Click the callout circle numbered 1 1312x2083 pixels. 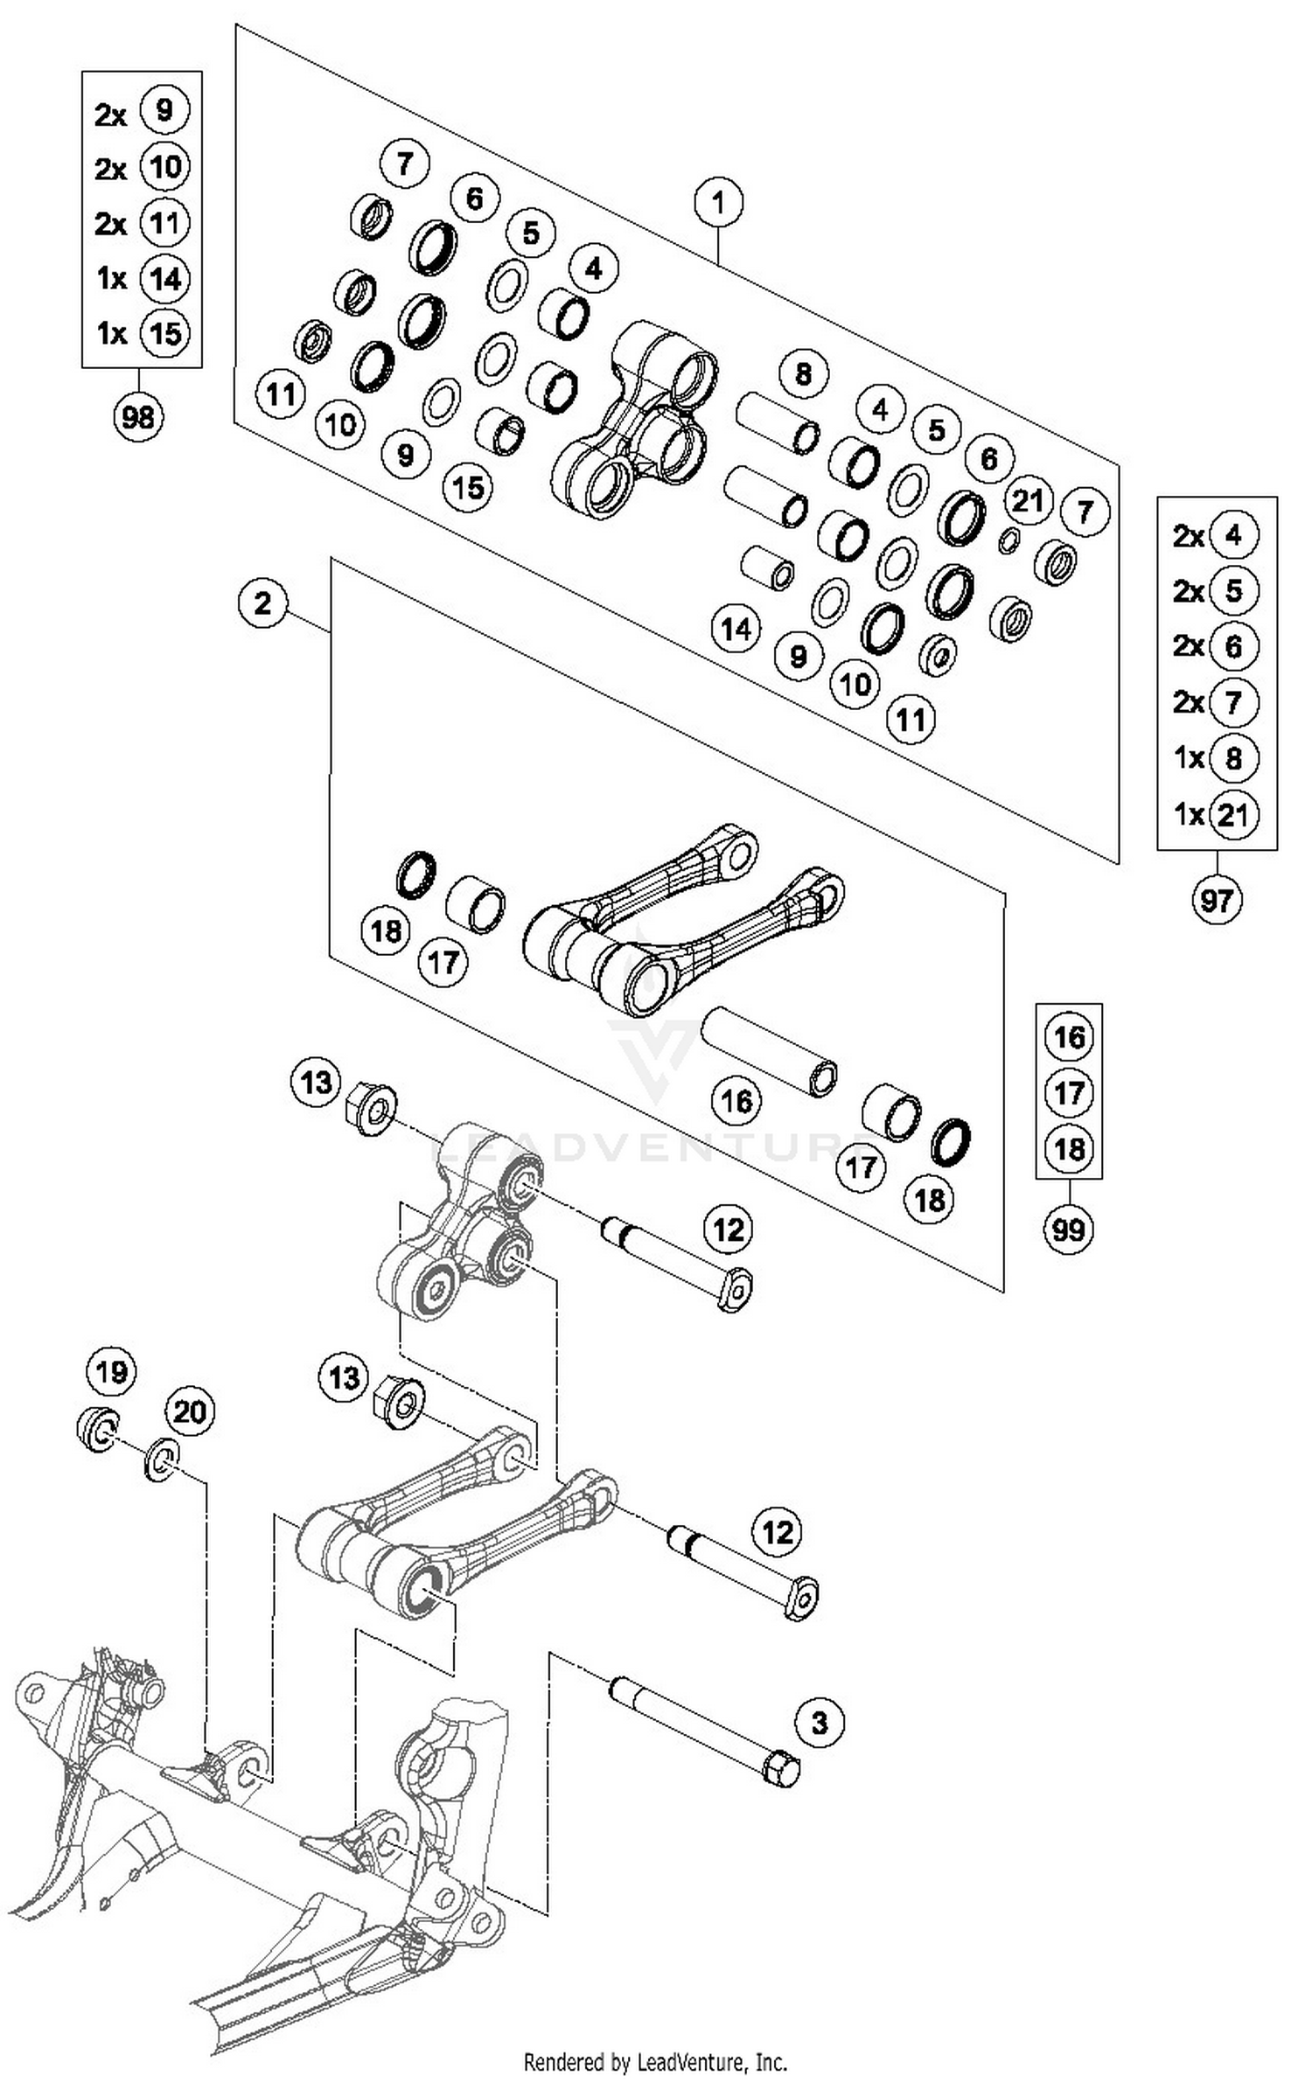pyautogui.click(x=718, y=204)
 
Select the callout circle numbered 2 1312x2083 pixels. pyautogui.click(x=263, y=603)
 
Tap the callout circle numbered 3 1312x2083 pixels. pyautogui.click(x=820, y=1723)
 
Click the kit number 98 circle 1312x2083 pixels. pyautogui.click(x=138, y=417)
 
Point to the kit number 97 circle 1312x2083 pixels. pyautogui.click(x=1217, y=899)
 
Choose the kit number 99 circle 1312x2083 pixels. pyautogui.click(x=1069, y=1230)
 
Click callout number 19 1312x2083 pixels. pyautogui.click(x=111, y=1371)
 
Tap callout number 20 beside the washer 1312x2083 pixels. pyautogui.click(x=190, y=1411)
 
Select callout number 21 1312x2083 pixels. pyautogui.click(x=1028, y=500)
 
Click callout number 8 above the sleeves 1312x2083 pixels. pyautogui.click(x=803, y=374)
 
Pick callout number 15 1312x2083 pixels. pyautogui.click(x=468, y=487)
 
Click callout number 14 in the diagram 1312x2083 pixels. pyautogui.click(x=736, y=628)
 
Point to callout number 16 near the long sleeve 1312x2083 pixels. pyautogui.click(x=736, y=1100)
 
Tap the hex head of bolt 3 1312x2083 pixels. pyautogui.click(x=781, y=1770)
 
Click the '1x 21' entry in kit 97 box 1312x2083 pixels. pyautogui.click(x=1217, y=815)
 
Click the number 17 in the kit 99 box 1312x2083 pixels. pyautogui.click(x=1069, y=1092)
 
